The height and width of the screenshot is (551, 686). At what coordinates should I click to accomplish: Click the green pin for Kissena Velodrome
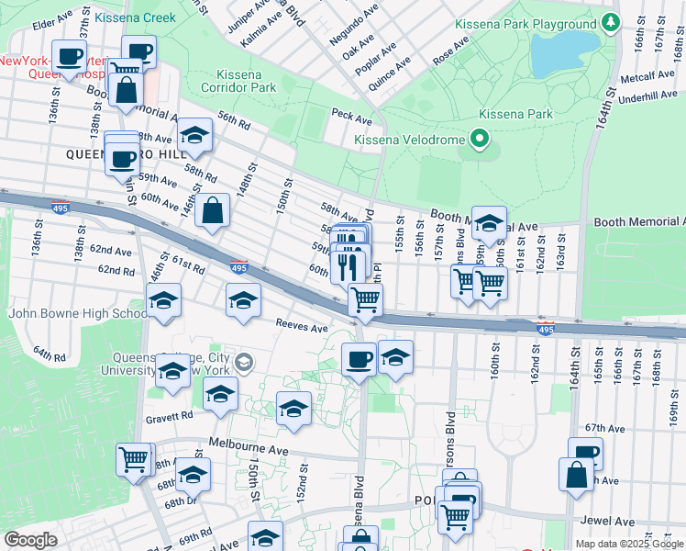[478, 140]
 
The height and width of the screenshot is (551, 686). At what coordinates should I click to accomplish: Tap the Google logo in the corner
[30, 539]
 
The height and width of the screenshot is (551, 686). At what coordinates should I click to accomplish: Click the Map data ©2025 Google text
[628, 544]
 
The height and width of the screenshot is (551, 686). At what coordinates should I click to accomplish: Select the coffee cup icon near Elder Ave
[69, 56]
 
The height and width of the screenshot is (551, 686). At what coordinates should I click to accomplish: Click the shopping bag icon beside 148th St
[212, 210]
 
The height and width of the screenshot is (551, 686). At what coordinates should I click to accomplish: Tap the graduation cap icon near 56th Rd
[194, 136]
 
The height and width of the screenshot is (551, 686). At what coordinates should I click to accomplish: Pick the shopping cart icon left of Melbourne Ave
[133, 458]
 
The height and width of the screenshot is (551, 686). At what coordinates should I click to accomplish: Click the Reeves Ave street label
[302, 327]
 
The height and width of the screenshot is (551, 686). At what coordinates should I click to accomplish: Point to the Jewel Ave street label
[603, 521]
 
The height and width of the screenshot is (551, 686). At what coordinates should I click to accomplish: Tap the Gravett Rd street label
[174, 415]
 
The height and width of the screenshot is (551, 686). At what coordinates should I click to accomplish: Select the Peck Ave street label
[351, 118]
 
